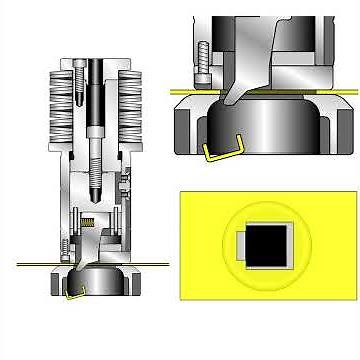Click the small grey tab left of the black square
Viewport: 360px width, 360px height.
click(239, 244)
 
